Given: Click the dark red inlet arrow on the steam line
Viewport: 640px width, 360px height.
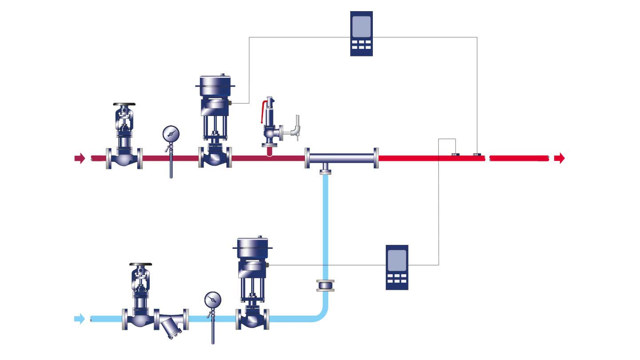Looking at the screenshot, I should (80, 158).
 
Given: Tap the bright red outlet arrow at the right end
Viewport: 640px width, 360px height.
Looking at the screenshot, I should (560, 158).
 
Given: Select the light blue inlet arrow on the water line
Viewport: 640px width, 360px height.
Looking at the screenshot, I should (80, 318).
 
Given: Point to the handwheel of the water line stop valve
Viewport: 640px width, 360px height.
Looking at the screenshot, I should (140, 266).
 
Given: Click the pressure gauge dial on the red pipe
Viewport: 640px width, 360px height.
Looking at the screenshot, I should (171, 133).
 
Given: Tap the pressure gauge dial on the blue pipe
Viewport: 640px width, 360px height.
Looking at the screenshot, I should (213, 300).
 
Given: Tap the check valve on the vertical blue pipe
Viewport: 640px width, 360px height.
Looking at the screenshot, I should (326, 285).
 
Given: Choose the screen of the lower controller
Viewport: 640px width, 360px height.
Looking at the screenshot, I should (397, 260).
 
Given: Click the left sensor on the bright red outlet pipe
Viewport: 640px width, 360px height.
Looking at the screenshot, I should (456, 155).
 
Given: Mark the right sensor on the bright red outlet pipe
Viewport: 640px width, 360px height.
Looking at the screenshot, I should (477, 155).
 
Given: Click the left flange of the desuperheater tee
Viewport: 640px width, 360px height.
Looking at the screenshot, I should (307, 158).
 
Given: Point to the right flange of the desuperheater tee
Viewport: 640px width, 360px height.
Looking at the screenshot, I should (376, 158).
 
